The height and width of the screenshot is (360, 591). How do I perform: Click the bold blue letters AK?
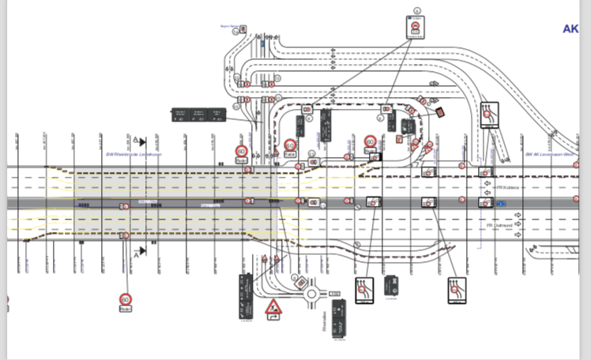click(x=570, y=29)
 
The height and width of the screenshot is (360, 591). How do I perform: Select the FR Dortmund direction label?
click(x=506, y=225)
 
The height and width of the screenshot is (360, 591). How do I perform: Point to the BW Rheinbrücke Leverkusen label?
click(x=134, y=155)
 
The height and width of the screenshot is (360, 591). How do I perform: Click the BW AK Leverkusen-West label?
click(x=550, y=155)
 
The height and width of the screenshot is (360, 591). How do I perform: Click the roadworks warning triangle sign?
click(x=273, y=306)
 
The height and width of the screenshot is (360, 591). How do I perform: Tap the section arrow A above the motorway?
click(x=141, y=141)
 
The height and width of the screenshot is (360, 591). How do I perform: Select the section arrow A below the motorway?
click(x=140, y=252)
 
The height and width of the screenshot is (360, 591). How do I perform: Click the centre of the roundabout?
click(x=312, y=294)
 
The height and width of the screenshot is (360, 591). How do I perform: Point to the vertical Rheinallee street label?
click(x=324, y=321)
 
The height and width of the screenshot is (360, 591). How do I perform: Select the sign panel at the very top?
click(x=415, y=28)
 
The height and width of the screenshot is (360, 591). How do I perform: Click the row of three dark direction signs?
click(x=198, y=115)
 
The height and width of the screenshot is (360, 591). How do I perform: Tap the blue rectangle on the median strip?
click(x=501, y=204)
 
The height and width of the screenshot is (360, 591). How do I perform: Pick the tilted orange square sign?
click(x=441, y=113)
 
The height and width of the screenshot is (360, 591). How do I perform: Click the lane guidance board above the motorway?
click(x=490, y=115)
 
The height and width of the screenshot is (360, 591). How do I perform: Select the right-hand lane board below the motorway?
click(x=457, y=290)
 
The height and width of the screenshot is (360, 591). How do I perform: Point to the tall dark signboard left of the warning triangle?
click(x=246, y=296)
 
